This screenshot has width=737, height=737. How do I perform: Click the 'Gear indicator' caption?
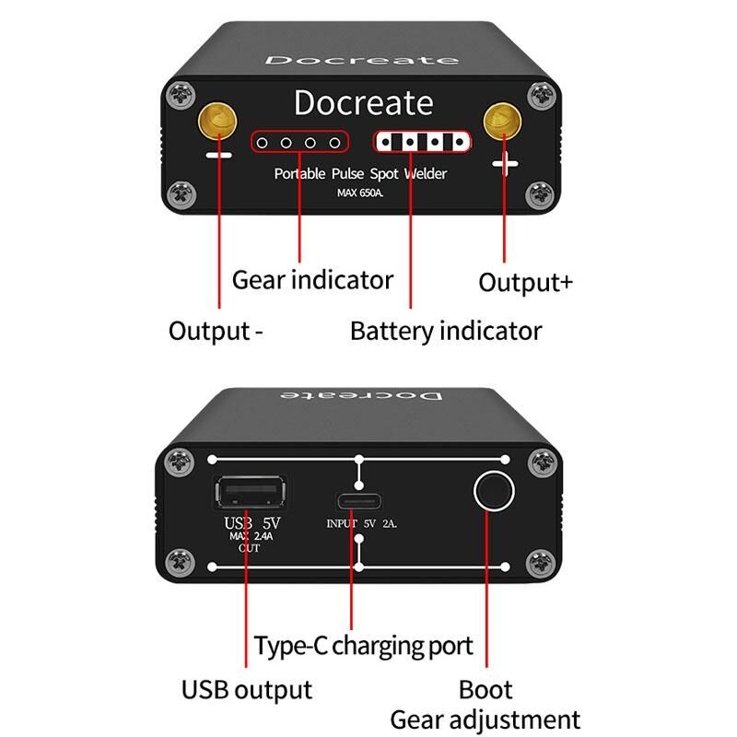click(x=312, y=279)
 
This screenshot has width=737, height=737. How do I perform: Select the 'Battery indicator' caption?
click(x=446, y=331)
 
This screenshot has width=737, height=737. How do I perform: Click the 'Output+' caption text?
click(x=525, y=281)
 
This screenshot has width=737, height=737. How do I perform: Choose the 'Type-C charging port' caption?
click(x=364, y=645)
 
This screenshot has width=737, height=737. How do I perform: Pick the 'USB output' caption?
click(x=246, y=689)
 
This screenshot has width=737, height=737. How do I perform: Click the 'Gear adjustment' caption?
click(x=485, y=719)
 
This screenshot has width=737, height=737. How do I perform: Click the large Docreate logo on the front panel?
click(x=363, y=102)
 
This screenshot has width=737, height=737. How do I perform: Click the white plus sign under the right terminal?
click(x=506, y=165)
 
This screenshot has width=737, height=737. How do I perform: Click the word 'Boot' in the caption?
click(x=485, y=689)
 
